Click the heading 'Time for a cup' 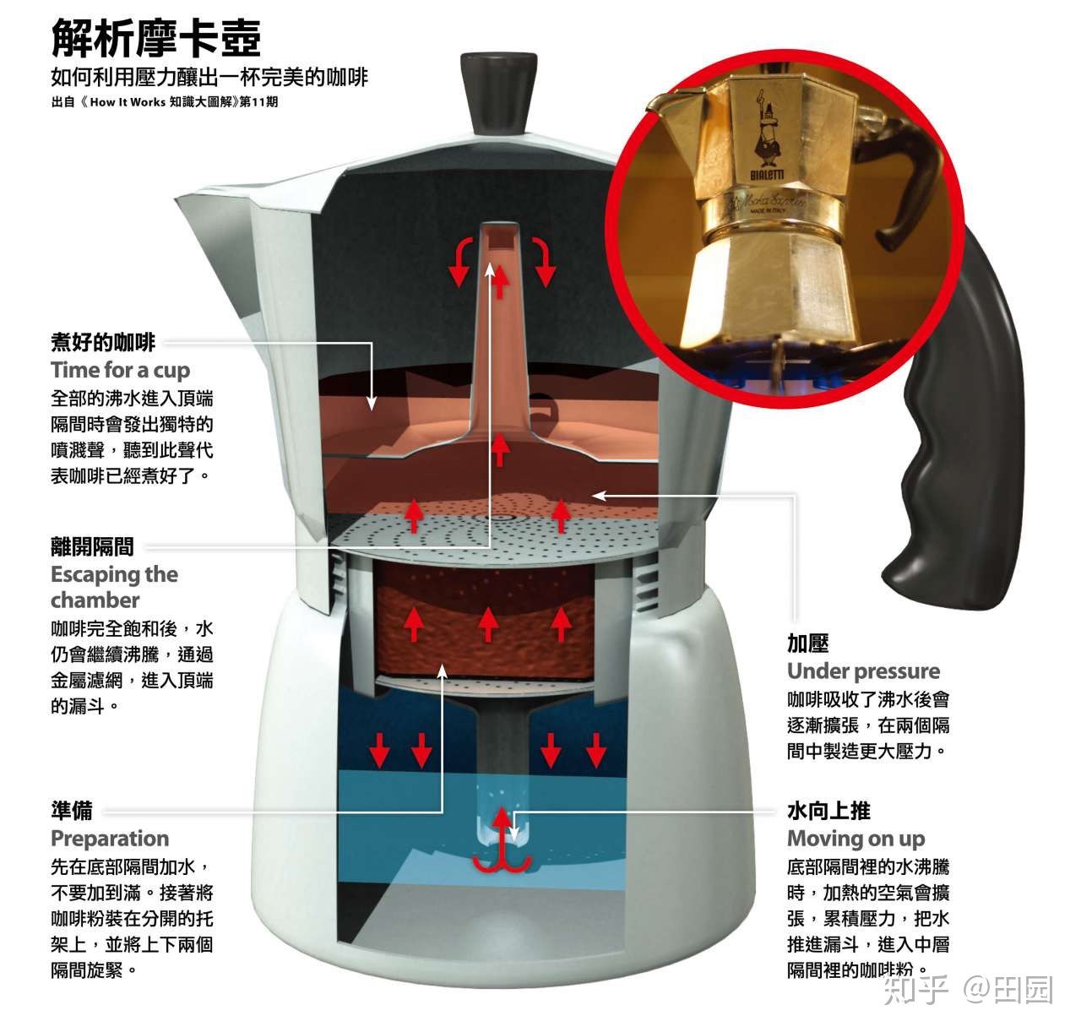[120, 370]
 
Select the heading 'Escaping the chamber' [114, 587]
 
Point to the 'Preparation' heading [110, 839]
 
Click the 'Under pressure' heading [863, 671]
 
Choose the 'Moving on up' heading [856, 839]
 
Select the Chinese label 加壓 [808, 644]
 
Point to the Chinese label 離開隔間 [92, 547]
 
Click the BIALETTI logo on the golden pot [767, 174]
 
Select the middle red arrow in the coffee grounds [487, 623]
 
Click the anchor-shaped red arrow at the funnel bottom [502, 840]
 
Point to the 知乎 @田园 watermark [967, 989]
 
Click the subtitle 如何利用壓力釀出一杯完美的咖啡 [209, 78]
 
